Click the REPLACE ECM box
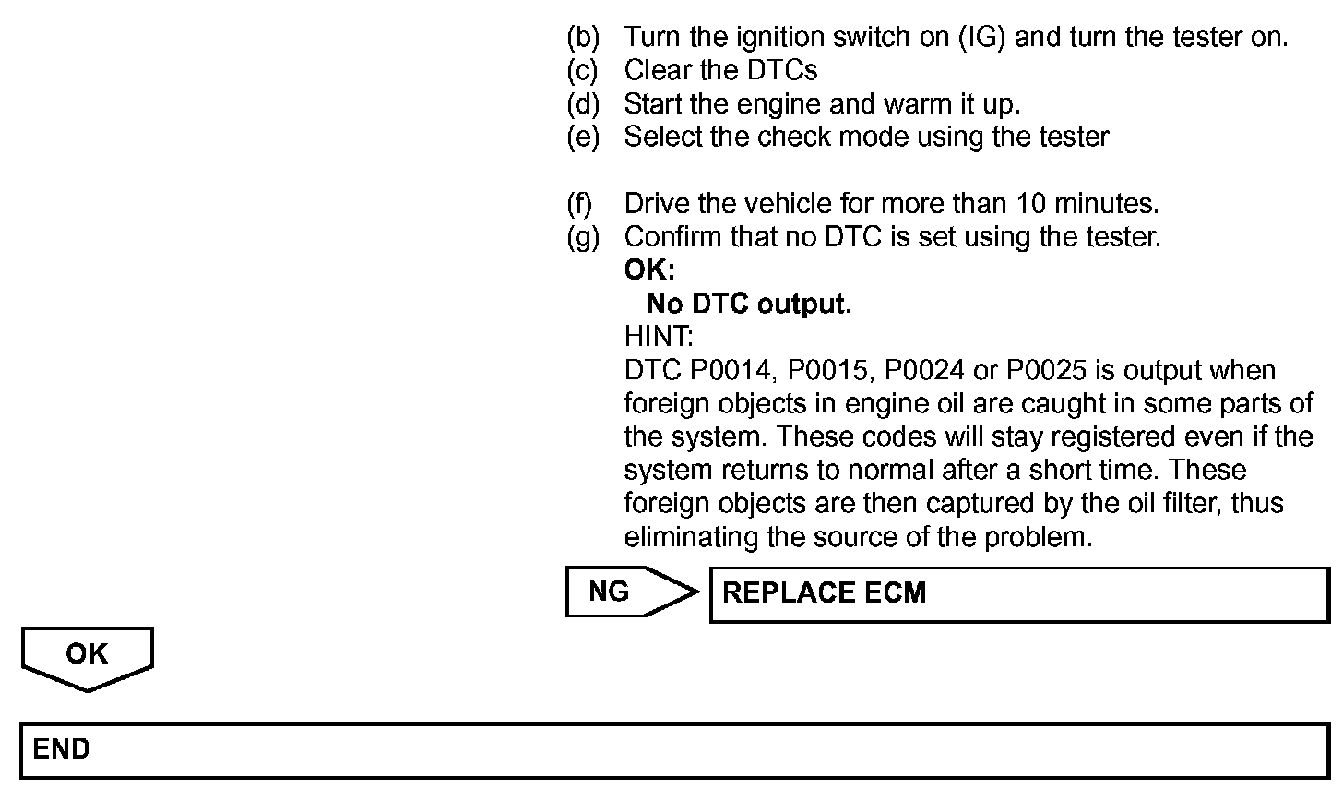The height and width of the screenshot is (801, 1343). coord(1018,593)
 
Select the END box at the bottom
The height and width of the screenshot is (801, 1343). coord(673,749)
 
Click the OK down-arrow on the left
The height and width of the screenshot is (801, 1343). coord(88,656)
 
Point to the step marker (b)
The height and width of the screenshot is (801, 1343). coord(582,38)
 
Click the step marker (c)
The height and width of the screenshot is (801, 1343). coord(582,71)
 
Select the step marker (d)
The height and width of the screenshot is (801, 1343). coord(582,104)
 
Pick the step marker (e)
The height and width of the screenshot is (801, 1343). coord(582,137)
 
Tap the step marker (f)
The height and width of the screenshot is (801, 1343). coord(580,204)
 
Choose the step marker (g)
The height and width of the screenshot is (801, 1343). coord(582,237)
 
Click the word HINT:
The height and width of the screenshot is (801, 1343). coord(659,338)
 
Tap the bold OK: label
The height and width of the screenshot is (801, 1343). coord(649,271)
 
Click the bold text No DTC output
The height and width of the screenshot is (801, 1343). coord(748,305)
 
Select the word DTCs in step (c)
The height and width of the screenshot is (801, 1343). coord(782,71)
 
